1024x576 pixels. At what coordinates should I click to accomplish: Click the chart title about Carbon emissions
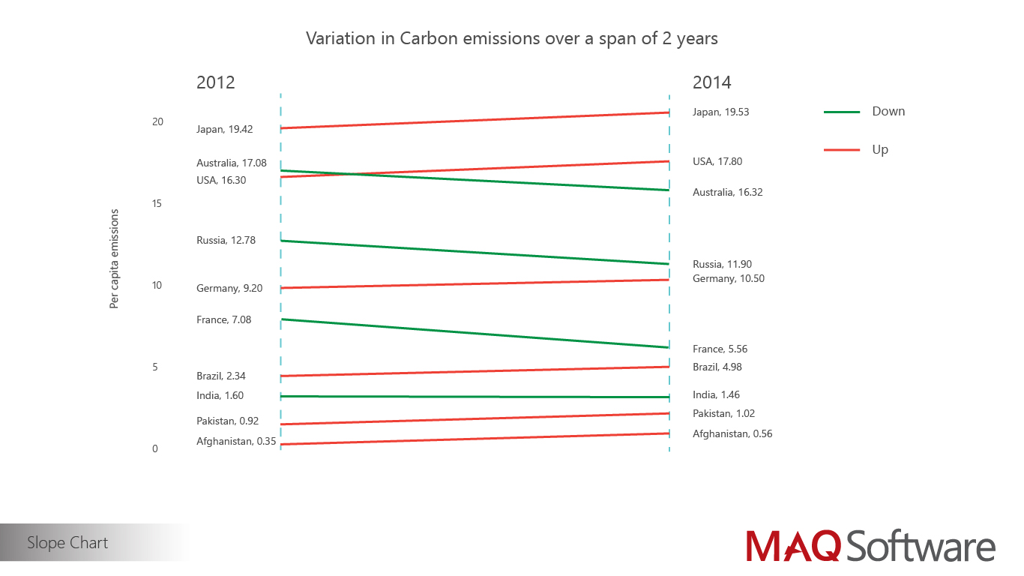click(x=512, y=38)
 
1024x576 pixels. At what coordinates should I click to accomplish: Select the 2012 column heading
click(x=215, y=82)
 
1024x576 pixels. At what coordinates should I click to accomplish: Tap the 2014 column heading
click(x=711, y=82)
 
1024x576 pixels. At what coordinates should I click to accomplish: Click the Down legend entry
click(x=888, y=112)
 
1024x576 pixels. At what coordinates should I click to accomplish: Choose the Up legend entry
click(x=879, y=150)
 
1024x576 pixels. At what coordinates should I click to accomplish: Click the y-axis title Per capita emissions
click(x=115, y=259)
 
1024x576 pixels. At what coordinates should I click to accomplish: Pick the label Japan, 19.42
click(x=224, y=129)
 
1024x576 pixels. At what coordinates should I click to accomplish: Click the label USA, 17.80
click(x=717, y=161)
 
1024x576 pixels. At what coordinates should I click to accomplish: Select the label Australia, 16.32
click(x=727, y=193)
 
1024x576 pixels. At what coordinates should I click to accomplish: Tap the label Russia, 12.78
click(x=226, y=241)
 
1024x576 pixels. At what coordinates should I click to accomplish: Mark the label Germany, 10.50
click(x=728, y=279)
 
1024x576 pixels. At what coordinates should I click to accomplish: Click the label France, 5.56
click(x=720, y=349)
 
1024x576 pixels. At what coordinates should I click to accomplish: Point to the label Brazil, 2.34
click(x=220, y=376)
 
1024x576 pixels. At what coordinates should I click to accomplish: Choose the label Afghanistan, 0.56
click(x=732, y=434)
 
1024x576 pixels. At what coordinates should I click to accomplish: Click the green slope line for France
click(x=475, y=334)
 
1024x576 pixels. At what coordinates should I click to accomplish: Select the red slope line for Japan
click(x=475, y=120)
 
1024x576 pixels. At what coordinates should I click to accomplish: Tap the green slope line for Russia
click(x=475, y=253)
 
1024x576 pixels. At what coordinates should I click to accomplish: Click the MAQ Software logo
click(x=870, y=544)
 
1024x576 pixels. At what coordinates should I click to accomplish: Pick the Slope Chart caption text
click(x=67, y=543)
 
